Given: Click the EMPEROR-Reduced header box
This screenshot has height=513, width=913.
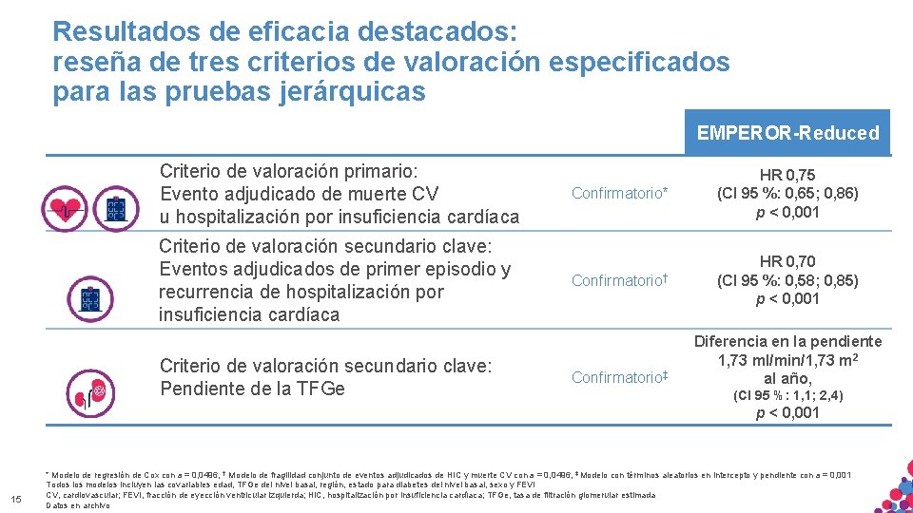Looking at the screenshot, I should [x=787, y=133].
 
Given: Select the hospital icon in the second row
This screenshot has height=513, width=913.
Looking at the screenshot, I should [x=88, y=297].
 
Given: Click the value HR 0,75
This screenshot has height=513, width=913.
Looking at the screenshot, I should [x=787, y=175].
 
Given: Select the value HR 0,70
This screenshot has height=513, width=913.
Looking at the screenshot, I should [x=787, y=261].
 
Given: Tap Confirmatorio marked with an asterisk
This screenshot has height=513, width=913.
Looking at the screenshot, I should [x=620, y=194].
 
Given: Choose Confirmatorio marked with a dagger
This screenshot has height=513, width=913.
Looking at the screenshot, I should [x=620, y=280].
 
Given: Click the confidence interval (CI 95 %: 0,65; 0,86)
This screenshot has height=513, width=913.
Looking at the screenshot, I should [x=787, y=193].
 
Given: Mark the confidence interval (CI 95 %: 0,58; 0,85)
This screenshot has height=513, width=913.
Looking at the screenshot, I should [x=787, y=280].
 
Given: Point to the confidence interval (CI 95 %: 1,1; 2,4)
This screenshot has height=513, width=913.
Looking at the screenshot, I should [x=787, y=395].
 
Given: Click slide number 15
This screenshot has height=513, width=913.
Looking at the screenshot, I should [x=15, y=501].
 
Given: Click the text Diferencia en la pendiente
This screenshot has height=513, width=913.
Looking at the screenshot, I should [x=787, y=341].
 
